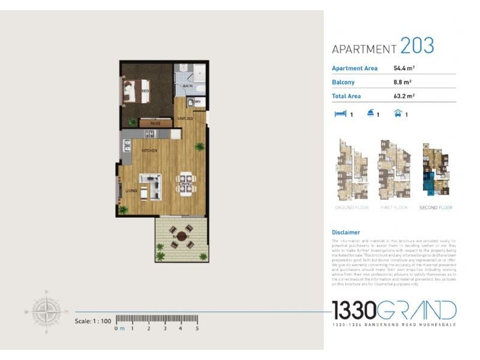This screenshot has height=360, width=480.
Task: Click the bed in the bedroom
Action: point(134,91)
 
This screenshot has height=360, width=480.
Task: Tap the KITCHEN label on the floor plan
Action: point(149,151)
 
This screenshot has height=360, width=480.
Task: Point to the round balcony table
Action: point(181,236)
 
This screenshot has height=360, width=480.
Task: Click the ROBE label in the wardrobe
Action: point(155,123)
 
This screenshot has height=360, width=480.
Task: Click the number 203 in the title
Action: point(417,46)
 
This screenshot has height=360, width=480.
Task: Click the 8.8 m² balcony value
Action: point(402,82)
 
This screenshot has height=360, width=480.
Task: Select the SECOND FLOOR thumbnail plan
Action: point(436,170)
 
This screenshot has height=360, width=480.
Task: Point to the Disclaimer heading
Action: point(346,232)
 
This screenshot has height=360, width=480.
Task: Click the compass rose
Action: point(46,311)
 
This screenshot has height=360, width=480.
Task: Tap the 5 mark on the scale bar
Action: point(197,328)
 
